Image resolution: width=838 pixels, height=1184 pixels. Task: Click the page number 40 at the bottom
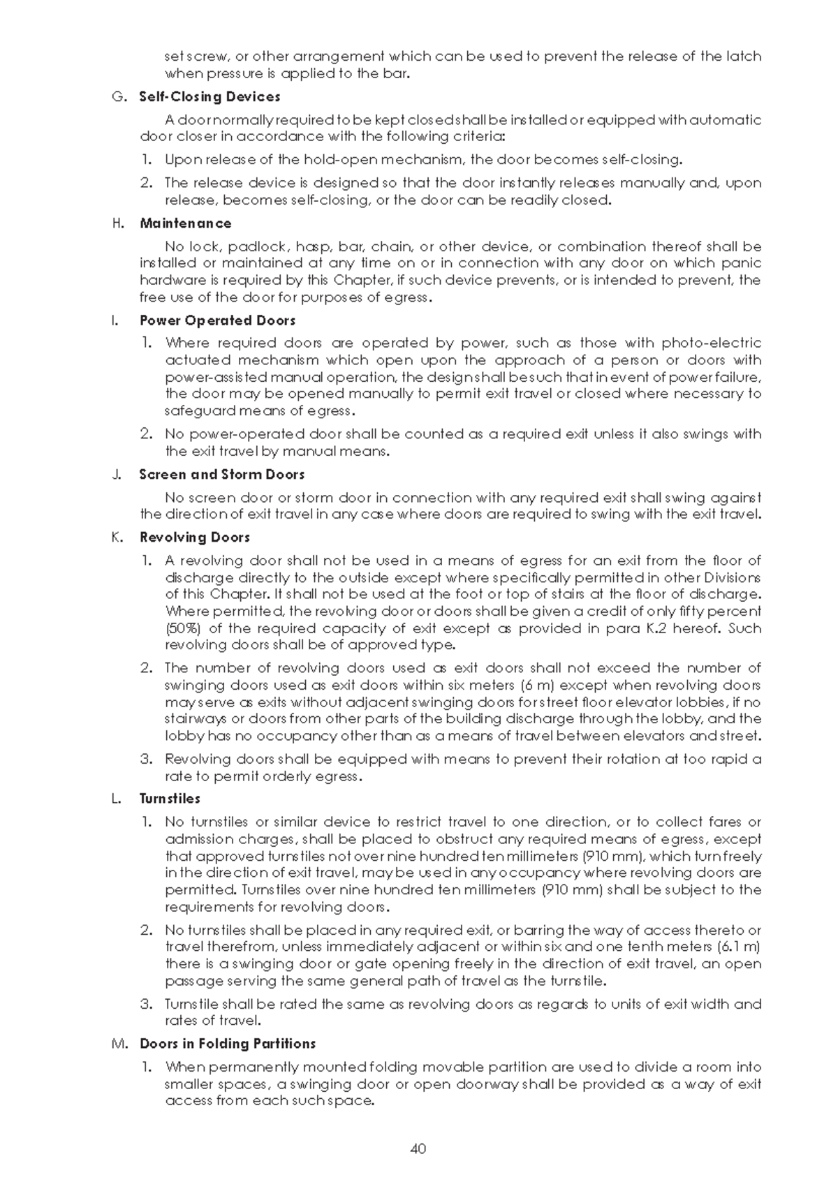pos(418,1148)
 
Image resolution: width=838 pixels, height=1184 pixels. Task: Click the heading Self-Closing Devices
pos(209,97)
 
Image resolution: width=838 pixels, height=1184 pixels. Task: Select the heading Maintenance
pos(185,223)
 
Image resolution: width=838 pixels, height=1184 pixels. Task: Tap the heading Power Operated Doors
pos(217,320)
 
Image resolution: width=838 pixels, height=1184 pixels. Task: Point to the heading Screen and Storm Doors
pos(222,475)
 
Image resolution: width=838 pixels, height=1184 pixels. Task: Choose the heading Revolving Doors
pos(194,538)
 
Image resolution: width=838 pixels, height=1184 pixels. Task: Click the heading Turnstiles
pos(170,799)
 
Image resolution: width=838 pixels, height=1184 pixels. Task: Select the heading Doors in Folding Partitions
pos(228,1044)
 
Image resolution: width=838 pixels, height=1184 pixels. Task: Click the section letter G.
pos(117,97)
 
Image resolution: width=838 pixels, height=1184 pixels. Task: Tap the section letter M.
pos(117,1044)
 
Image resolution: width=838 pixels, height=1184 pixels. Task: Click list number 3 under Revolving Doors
pos(146,759)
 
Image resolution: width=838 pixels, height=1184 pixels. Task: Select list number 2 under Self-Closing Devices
pos(146,183)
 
